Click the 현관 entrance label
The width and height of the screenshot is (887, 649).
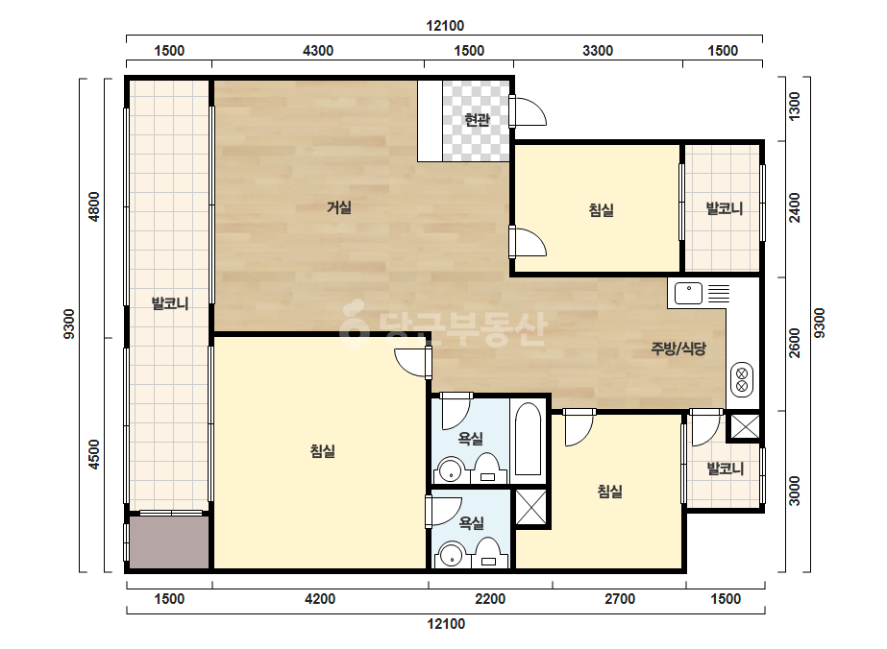pos(477,120)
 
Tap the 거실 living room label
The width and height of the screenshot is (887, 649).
pos(339,207)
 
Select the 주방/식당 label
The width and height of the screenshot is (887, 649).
pos(678,349)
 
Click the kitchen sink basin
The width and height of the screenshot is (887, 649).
pos(688,294)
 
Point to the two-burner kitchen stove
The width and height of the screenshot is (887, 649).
pos(742,379)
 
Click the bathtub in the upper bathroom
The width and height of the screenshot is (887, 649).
pos(529,440)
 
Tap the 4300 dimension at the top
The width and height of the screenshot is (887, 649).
pos(318,51)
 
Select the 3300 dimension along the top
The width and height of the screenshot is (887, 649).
pos(598,51)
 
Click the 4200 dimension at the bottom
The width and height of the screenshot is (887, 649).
pos(320,599)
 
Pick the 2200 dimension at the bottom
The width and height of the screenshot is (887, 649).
pos(490,599)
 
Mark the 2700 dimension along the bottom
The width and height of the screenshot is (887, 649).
pos(620,599)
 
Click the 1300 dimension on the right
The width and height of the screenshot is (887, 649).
pos(794,107)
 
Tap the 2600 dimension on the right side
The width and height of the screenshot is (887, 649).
pos(794,343)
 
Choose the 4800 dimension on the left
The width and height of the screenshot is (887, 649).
pos(93,207)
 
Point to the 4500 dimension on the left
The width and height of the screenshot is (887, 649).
pos(93,454)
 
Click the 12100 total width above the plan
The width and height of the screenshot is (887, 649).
pos(445,26)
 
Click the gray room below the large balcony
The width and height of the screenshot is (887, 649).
pos(169,542)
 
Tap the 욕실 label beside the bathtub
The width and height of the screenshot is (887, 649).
pos(471,438)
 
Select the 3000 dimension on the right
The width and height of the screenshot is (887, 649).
pos(794,491)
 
